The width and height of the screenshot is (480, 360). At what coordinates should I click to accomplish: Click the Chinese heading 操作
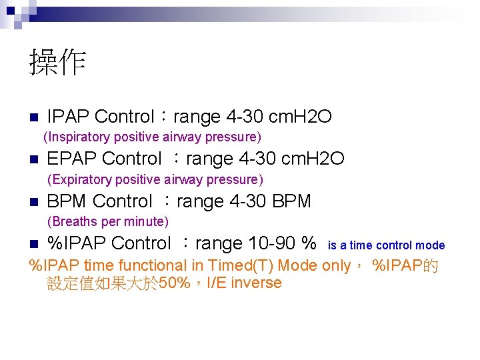(x=57, y=63)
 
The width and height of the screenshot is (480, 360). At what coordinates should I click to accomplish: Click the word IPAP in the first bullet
(x=68, y=117)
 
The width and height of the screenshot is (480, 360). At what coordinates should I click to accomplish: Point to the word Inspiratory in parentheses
(x=79, y=137)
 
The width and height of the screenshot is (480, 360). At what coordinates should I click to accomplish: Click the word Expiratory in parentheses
(x=81, y=179)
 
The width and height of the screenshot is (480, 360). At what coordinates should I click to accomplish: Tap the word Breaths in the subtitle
(x=73, y=221)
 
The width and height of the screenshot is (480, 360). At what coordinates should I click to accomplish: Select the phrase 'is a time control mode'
(x=386, y=245)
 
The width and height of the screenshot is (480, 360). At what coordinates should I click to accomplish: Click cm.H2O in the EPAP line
(x=313, y=159)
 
